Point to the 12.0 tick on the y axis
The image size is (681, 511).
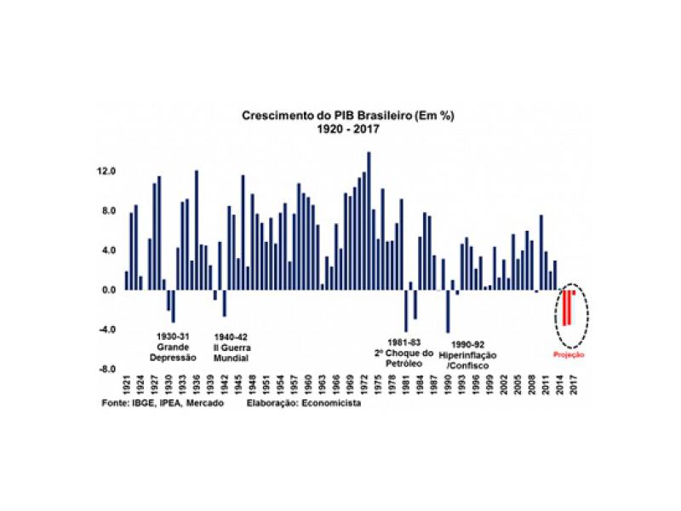tap(106, 171)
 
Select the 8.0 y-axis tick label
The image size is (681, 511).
tap(109, 211)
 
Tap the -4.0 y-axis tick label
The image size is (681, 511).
tap(106, 330)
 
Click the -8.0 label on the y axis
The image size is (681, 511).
tap(106, 370)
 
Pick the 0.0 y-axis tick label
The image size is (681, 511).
tap(109, 290)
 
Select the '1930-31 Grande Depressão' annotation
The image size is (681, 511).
tap(177, 347)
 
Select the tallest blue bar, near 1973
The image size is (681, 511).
tap(369, 221)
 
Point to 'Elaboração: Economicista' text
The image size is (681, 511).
tap(303, 404)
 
